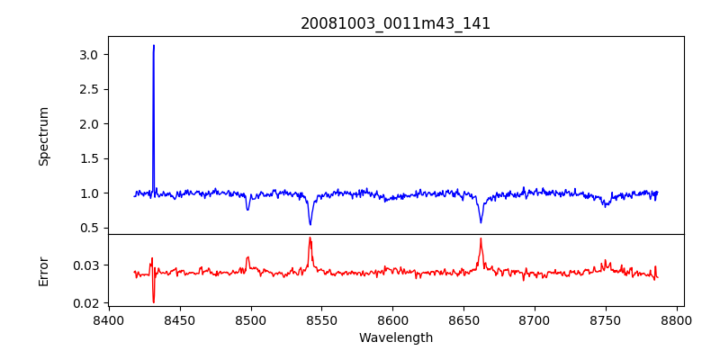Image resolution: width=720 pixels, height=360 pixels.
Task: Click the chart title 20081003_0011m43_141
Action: click(395, 23)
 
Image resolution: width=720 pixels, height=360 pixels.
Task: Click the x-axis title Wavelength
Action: click(395, 338)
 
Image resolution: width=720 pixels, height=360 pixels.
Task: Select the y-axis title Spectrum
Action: click(44, 136)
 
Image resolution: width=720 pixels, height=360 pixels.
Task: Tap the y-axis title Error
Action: click(44, 270)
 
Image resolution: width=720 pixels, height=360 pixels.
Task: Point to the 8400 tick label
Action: click(108, 319)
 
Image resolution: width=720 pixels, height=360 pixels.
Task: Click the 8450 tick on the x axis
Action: click(179, 319)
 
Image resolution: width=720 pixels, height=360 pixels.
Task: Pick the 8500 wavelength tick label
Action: click(250, 319)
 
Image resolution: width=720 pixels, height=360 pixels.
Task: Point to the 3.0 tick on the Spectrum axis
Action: click(88, 55)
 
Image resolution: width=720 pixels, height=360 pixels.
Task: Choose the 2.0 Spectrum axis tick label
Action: click(88, 124)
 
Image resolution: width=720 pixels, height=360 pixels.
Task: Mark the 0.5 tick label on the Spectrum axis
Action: click(88, 228)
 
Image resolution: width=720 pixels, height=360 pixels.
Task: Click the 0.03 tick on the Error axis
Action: click(85, 265)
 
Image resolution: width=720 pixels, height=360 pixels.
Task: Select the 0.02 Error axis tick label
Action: click(85, 303)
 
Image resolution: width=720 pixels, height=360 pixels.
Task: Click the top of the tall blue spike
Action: click(154, 46)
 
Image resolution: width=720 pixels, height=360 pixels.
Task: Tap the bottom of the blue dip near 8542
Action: click(310, 224)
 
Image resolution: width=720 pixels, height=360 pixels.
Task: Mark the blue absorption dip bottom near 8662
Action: click(481, 222)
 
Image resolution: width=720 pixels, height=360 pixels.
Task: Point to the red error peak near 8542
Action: click(310, 238)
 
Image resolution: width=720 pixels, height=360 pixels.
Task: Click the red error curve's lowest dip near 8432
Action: click(154, 301)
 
